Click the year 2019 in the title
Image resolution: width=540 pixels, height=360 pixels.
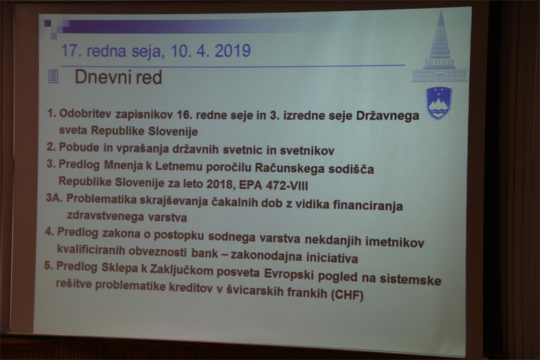(233, 51)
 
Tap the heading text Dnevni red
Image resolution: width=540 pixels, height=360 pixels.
(118, 77)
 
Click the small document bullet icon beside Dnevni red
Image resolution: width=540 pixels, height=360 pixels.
(53, 76)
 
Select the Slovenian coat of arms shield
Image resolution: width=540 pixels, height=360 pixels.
(439, 103)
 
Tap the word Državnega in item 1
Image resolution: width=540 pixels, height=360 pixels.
(387, 116)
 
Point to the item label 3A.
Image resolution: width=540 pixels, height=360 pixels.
(54, 198)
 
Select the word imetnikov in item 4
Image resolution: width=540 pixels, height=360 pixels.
(395, 242)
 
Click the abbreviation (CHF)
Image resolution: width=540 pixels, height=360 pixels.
(347, 295)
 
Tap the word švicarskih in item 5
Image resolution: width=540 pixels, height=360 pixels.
(254, 290)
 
